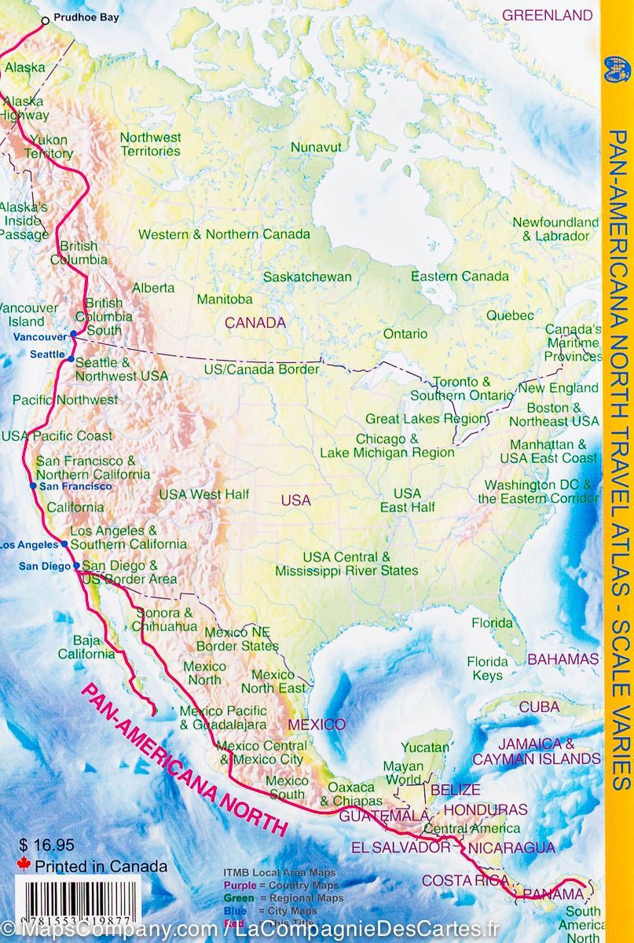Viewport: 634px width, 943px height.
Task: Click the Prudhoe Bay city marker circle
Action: coord(45,20)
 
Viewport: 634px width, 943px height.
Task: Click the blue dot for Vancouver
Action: coord(73,335)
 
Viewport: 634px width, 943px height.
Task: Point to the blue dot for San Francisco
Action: coord(32,486)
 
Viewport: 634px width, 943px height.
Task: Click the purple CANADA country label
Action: coord(255,322)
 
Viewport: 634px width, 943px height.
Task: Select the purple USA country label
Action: coord(295,500)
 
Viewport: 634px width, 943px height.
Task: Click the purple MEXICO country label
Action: coord(316,724)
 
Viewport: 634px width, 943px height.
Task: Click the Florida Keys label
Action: coord(488,668)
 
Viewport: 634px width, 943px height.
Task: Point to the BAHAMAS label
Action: coord(563,659)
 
